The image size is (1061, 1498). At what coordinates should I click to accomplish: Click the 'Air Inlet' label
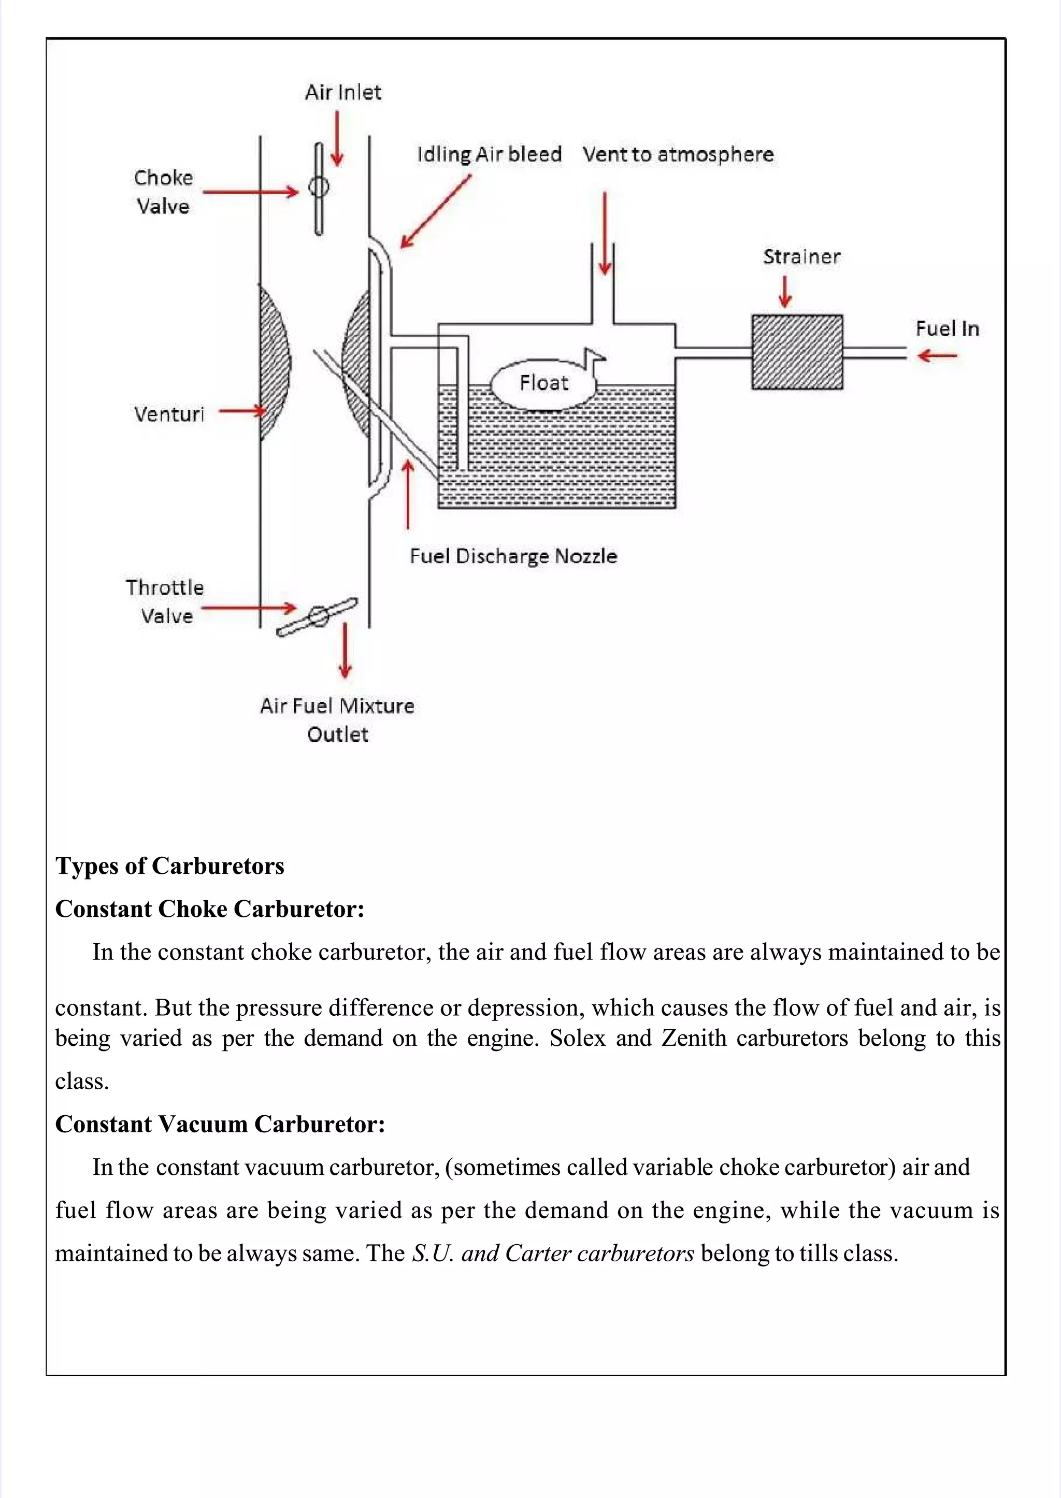[343, 92]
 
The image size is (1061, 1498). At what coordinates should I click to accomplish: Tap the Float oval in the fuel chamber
[543, 383]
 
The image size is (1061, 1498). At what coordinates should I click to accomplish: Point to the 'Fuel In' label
[947, 328]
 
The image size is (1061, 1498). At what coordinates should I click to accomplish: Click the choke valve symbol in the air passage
[319, 188]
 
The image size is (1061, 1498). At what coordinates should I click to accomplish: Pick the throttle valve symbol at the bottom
[318, 616]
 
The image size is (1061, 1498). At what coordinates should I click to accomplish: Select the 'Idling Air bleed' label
[490, 154]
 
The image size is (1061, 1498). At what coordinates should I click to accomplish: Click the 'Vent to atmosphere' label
[678, 154]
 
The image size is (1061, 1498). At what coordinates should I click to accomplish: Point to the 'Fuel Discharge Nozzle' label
[513, 556]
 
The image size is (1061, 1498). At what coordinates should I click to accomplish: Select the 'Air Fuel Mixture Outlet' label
[337, 720]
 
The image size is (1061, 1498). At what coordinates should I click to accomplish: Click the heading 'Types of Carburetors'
[170, 866]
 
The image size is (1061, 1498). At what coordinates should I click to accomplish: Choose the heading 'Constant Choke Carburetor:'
[210, 909]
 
